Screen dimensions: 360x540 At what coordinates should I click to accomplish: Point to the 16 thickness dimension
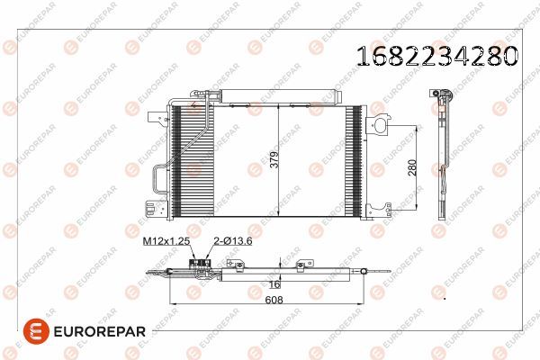pos(274,284)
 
